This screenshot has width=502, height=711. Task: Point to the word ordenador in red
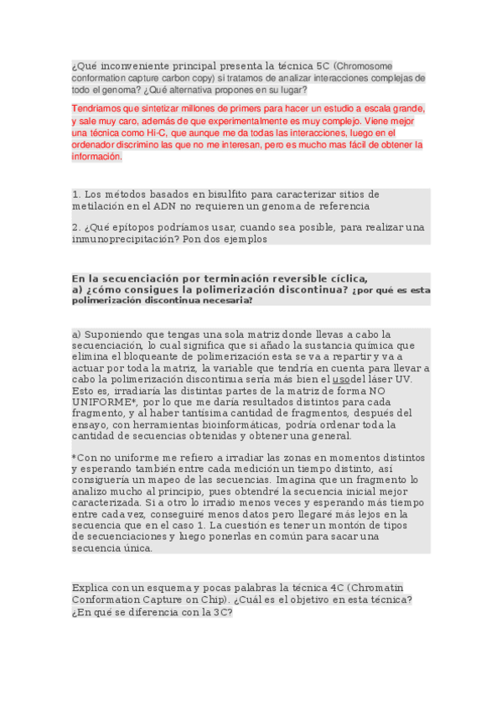point(99,144)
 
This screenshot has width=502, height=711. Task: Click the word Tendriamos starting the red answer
point(99,109)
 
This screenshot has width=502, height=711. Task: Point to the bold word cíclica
point(343,278)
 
